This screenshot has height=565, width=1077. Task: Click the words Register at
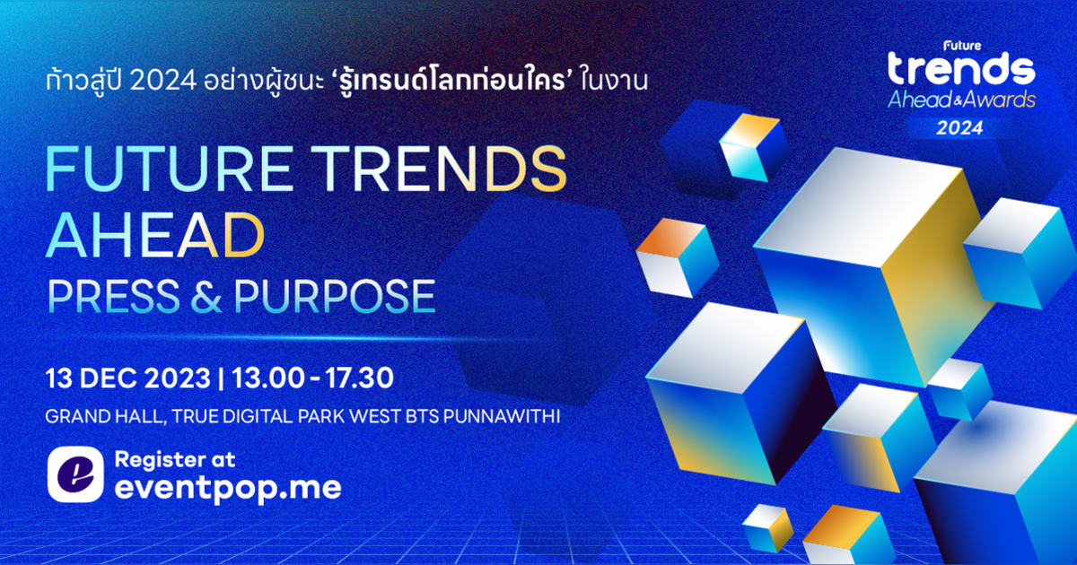pyautogui.click(x=174, y=460)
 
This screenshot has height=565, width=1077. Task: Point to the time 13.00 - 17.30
pyautogui.click(x=312, y=378)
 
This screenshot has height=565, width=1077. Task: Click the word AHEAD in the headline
pyautogui.click(x=153, y=235)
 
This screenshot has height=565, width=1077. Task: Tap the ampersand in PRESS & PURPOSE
pyautogui.click(x=214, y=296)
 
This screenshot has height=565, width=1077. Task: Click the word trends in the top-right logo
pyautogui.click(x=960, y=69)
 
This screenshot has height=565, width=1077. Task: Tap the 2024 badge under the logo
pyautogui.click(x=960, y=127)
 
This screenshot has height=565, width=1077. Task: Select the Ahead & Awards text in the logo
pyautogui.click(x=960, y=100)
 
